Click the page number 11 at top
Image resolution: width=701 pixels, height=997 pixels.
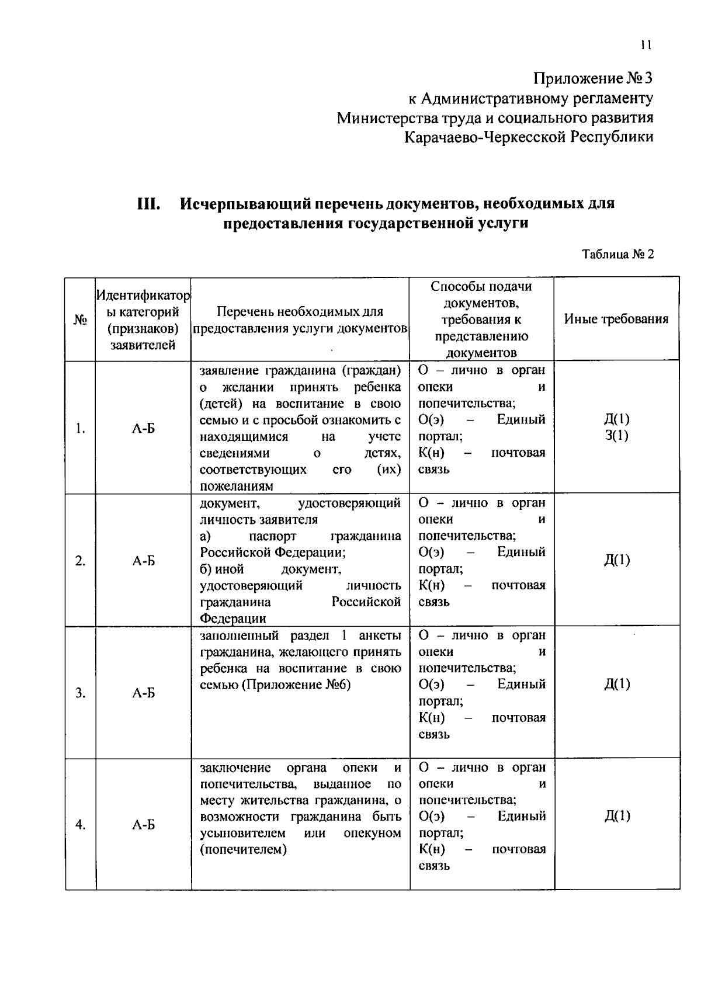tap(646, 45)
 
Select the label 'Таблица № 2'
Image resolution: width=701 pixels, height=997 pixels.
tap(617, 255)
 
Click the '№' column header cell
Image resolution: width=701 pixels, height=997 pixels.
tap(80, 319)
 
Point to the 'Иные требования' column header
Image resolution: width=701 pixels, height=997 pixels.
tap(616, 319)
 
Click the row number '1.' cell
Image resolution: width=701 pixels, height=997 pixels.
tap(80, 429)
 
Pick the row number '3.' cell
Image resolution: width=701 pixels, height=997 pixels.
tap(80, 693)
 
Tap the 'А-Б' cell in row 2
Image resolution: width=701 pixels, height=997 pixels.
tap(143, 561)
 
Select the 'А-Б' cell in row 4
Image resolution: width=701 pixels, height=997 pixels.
tap(143, 825)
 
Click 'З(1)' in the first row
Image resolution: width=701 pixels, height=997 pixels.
tap(617, 436)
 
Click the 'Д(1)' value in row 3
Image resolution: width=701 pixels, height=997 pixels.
tap(617, 684)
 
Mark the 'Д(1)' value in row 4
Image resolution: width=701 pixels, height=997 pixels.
tap(617, 817)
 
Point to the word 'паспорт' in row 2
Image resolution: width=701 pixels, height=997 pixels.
tap(272, 536)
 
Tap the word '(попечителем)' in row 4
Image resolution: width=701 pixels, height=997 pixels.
tap(243, 850)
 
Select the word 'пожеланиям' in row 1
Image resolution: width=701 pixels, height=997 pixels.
tap(236, 486)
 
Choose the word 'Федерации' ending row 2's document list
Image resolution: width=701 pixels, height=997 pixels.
tap(232, 619)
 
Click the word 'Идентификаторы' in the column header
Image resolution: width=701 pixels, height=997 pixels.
tap(143, 297)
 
